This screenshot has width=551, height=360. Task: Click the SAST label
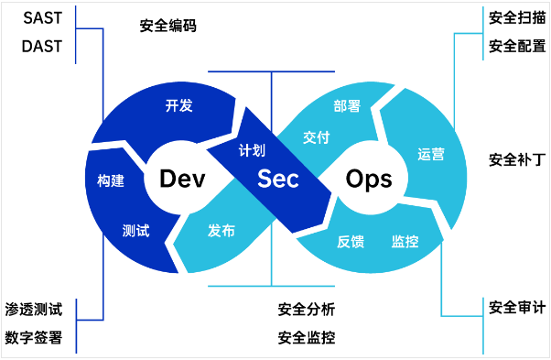click(42, 18)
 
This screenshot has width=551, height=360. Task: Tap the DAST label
click(42, 47)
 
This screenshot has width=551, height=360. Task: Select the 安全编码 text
click(168, 26)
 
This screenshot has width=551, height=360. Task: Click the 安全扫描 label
click(517, 17)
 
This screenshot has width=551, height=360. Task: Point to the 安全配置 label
click(517, 46)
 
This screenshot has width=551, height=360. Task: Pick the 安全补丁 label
click(517, 160)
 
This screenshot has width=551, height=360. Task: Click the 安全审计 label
click(517, 307)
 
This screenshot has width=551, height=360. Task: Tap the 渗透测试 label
click(34, 310)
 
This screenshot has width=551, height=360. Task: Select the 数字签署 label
click(34, 337)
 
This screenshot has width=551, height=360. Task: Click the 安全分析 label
click(307, 310)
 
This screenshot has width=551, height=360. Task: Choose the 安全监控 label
click(307, 337)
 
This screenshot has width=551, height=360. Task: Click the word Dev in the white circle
click(182, 179)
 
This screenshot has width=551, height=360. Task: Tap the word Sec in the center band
click(278, 179)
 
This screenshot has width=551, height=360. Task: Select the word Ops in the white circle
click(369, 180)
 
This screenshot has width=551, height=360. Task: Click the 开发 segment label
click(178, 105)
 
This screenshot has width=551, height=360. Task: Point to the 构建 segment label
click(111, 180)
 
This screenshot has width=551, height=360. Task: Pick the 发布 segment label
click(221, 231)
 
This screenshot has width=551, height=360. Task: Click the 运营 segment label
click(431, 154)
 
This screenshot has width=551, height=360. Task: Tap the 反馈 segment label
click(351, 242)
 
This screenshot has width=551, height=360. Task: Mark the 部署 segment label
click(347, 106)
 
